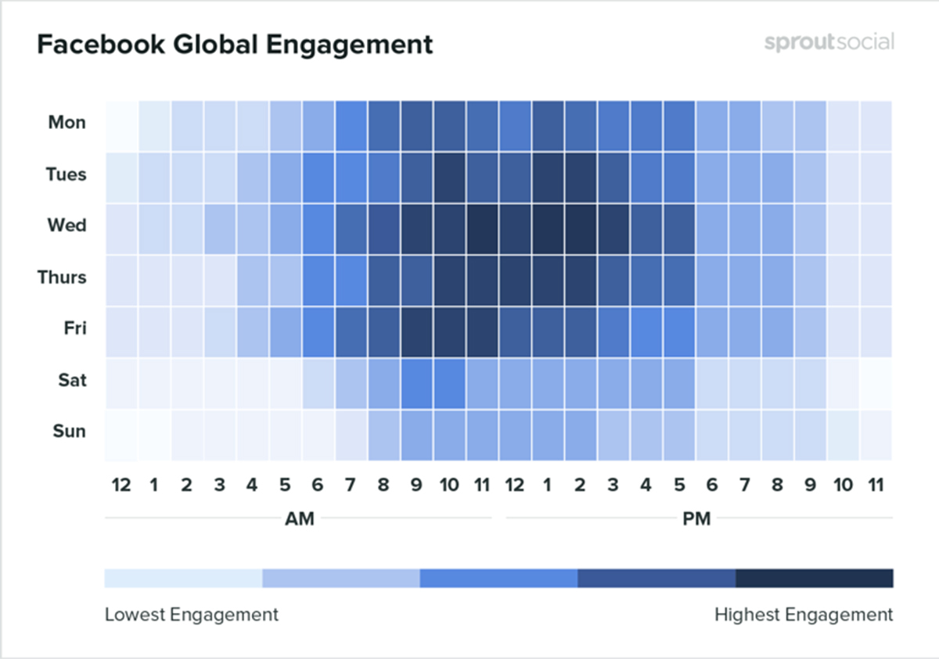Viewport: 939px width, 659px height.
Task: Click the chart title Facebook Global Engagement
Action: point(235,45)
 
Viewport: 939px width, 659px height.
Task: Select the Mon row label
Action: point(67,122)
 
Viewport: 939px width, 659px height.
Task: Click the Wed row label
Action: point(67,225)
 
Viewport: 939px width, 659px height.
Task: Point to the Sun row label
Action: point(69,432)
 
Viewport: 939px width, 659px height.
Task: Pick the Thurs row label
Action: point(62,277)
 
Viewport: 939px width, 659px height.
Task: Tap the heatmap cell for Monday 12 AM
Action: point(121,126)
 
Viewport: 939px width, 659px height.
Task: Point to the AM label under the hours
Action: point(299,519)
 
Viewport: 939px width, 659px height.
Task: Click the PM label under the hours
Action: point(696,519)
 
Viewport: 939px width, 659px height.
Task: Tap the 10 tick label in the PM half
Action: point(844,485)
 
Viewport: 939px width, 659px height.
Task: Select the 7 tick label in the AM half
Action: point(351,485)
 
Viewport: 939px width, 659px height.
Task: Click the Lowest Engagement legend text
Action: point(191,614)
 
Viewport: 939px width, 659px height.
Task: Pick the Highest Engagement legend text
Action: point(803,614)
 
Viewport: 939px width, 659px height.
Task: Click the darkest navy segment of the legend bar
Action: point(814,578)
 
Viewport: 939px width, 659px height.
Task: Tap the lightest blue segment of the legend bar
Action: point(183,578)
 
